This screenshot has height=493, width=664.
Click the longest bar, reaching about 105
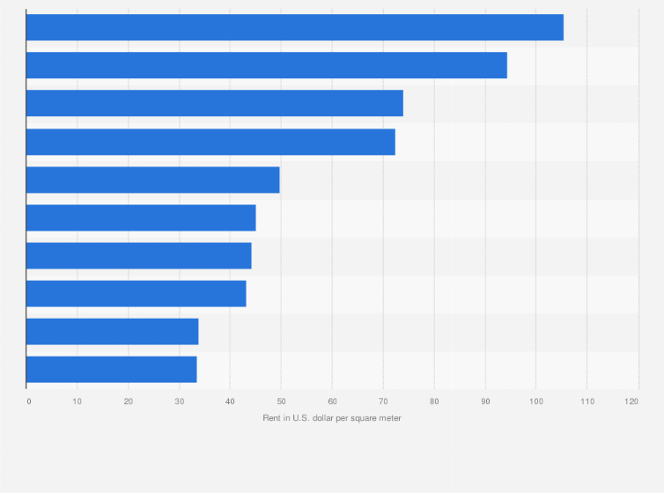(x=294, y=27)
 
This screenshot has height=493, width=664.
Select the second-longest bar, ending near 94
(x=266, y=65)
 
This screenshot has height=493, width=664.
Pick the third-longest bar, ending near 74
(x=214, y=103)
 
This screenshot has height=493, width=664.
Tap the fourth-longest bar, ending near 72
(x=210, y=142)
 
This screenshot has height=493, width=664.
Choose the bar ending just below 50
(x=152, y=180)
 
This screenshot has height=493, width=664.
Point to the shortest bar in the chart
(x=111, y=370)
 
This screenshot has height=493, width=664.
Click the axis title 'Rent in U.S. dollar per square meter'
(x=332, y=417)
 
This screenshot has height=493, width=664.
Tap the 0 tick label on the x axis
(x=29, y=401)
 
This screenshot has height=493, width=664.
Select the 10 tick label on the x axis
(x=77, y=401)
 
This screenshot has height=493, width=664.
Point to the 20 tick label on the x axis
(x=129, y=401)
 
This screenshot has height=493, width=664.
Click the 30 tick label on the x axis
(x=180, y=401)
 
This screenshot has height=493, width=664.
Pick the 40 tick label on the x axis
(x=230, y=401)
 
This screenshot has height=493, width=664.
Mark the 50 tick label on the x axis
(x=281, y=401)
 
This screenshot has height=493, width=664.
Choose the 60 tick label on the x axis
(x=332, y=401)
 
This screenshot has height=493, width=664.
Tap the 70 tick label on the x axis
(x=383, y=401)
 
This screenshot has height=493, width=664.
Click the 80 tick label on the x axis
(x=434, y=401)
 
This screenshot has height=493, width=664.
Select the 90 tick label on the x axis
(x=485, y=401)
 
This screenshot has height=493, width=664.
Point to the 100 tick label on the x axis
(x=535, y=401)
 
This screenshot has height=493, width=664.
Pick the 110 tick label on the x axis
(x=587, y=401)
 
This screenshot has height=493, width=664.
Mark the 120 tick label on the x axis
(x=631, y=401)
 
